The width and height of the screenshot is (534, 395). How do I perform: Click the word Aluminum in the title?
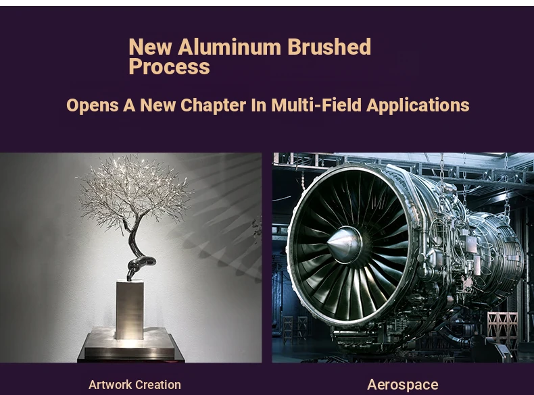(229, 47)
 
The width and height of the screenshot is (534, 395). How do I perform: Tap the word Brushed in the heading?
(329, 47)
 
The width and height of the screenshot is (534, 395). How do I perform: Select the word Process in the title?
(169, 67)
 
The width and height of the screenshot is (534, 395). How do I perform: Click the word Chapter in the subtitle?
(213, 105)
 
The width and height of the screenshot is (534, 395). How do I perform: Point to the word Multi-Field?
(316, 105)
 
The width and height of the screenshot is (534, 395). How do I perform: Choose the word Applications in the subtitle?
(418, 105)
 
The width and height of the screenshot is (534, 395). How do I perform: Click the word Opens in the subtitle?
(93, 105)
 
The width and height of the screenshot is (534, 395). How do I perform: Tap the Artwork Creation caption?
(135, 385)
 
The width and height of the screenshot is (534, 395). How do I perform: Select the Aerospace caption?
(403, 385)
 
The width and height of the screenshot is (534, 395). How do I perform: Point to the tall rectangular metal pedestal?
(130, 310)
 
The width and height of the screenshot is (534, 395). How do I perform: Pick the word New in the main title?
(150, 47)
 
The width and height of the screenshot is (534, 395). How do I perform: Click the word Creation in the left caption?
(157, 385)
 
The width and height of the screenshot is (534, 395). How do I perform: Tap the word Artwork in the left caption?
(110, 385)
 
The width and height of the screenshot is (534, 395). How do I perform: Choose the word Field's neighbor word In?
(259, 105)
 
